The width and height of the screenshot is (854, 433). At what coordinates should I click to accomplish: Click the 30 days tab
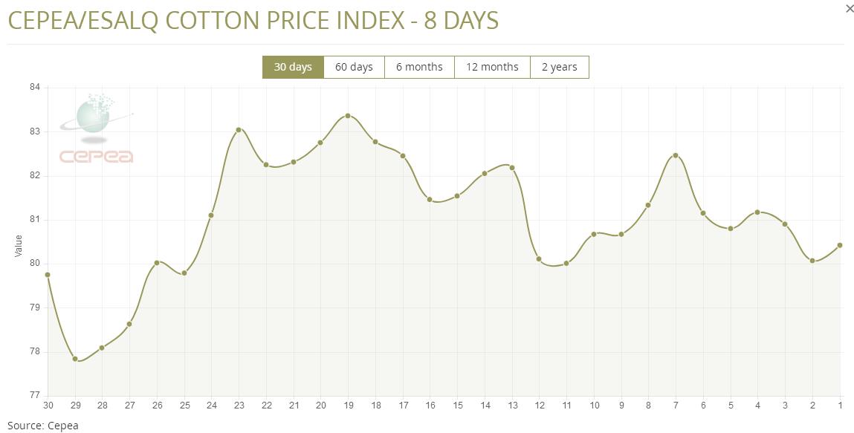coord(293,67)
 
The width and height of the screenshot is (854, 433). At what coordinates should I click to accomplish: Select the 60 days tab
coord(354,67)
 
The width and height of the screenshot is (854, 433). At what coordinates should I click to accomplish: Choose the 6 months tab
coord(419,67)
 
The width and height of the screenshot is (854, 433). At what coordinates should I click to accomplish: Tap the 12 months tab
coord(492,67)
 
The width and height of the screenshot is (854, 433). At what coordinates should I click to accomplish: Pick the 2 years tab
coord(559,67)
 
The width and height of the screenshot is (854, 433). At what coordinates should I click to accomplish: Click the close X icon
coord(850,9)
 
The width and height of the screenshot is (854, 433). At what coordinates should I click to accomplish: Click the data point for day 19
coord(348,116)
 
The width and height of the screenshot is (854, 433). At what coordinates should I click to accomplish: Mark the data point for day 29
coord(75,359)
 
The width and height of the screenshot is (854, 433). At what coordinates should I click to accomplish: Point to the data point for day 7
coord(676,155)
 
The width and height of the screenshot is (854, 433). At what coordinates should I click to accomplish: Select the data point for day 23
coord(239,130)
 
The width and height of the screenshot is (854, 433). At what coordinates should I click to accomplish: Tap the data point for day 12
coord(539,259)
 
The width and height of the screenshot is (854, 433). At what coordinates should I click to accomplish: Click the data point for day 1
coord(840,245)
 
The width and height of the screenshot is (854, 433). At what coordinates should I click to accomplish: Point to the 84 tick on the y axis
coord(35,88)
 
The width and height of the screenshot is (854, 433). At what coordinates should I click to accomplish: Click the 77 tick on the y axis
coord(35,395)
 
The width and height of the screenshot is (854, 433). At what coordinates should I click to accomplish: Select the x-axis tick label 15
coord(457,406)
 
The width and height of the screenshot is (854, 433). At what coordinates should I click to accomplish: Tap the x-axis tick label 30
coord(48,406)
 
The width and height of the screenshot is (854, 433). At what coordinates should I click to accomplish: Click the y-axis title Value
coord(19,246)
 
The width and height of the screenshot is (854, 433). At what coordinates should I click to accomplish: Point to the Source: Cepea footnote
coord(42,426)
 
